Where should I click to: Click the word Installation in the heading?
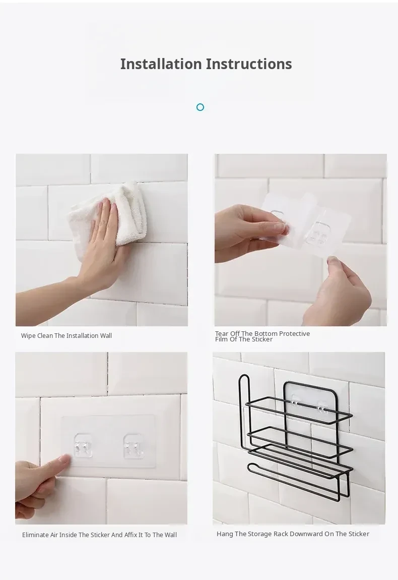[x=161, y=64]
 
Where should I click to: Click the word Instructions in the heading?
[x=249, y=64]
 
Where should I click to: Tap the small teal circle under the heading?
[x=201, y=107]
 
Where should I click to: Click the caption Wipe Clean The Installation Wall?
[x=67, y=336]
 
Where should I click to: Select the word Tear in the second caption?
[x=222, y=334]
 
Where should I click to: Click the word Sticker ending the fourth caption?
[x=359, y=534]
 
